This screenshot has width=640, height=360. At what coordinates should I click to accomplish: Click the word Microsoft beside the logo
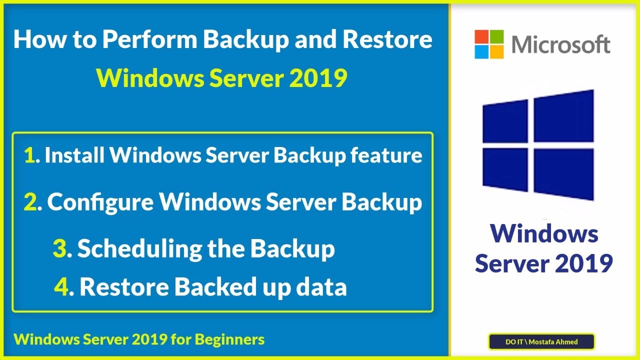560,44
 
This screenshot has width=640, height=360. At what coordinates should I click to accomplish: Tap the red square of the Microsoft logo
481,36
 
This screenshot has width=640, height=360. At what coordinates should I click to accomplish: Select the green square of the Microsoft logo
496,36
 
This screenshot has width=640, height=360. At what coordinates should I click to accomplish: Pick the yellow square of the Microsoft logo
496,51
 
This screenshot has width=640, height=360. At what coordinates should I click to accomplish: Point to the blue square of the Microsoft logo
481,51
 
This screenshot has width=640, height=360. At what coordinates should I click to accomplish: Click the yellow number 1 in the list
29,156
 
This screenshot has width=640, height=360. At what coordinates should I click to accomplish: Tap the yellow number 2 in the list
30,202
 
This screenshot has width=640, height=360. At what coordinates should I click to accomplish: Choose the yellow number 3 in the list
59,249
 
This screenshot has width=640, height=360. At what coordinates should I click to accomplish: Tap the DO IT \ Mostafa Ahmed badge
541,342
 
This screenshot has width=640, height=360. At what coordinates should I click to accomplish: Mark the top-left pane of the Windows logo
505,120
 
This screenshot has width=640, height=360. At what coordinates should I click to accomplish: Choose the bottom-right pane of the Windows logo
563,172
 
